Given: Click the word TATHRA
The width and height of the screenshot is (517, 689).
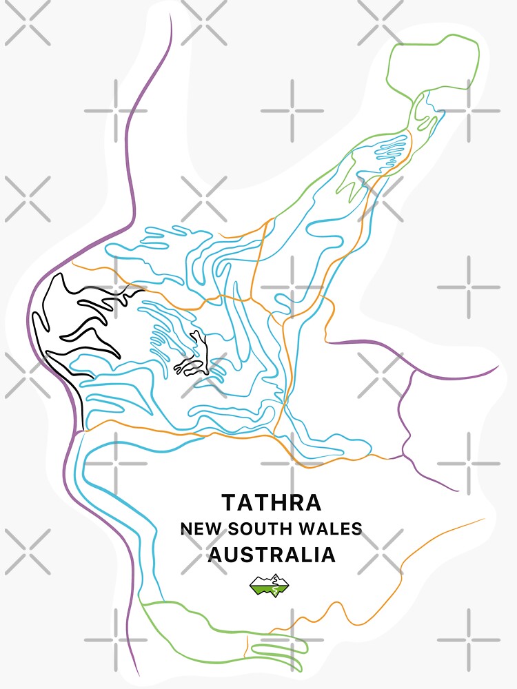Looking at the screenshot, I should click(x=270, y=502).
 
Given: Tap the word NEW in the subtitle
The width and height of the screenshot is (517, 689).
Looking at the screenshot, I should click(x=199, y=529).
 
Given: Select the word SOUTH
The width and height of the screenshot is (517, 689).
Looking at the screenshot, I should click(x=260, y=529).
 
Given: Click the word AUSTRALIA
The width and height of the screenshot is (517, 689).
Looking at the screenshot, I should click(x=272, y=555).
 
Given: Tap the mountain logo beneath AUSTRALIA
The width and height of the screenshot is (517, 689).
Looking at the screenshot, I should click(x=269, y=585).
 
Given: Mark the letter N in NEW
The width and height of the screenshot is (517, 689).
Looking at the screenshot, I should click(x=186, y=529).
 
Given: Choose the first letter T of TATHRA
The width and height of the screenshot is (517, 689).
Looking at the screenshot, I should click(x=228, y=502).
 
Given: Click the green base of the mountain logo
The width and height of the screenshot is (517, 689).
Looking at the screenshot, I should click(x=269, y=589).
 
